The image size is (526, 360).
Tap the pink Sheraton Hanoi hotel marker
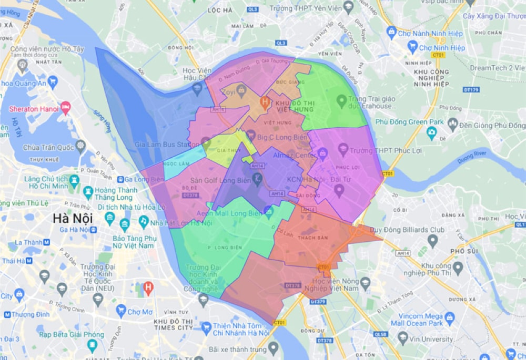coord(66,108)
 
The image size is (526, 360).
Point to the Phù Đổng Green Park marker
coord(432,131)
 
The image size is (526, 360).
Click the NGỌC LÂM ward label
coord(176,163)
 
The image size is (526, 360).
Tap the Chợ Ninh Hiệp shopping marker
coord(413,47)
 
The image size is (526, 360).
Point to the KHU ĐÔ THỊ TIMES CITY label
coord(173,324)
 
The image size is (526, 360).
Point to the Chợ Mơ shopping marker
coord(121,312)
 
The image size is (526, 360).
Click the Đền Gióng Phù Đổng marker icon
coord(453,125)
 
